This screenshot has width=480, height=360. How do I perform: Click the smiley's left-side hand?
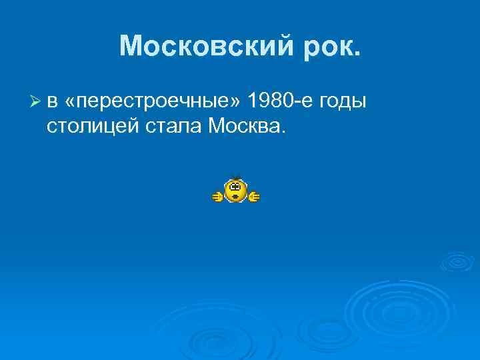[x=217, y=196]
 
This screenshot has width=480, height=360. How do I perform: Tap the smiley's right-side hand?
[x=254, y=196]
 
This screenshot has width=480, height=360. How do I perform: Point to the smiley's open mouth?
[x=235, y=197]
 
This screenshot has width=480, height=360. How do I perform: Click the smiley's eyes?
[x=235, y=187]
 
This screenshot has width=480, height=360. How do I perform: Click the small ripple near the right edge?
[x=457, y=261]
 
